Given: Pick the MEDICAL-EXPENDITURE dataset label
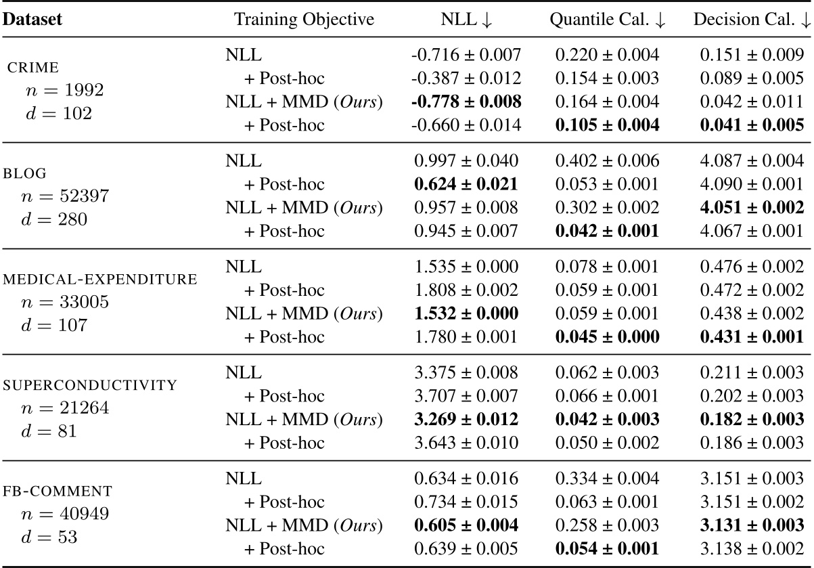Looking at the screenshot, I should (x=101, y=279).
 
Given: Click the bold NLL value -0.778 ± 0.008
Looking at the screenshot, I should (x=466, y=103).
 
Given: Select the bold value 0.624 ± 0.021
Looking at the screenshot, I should (x=466, y=185).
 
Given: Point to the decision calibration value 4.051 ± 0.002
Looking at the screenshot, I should (x=749, y=209).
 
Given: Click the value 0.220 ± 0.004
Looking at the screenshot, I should (x=607, y=56).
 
